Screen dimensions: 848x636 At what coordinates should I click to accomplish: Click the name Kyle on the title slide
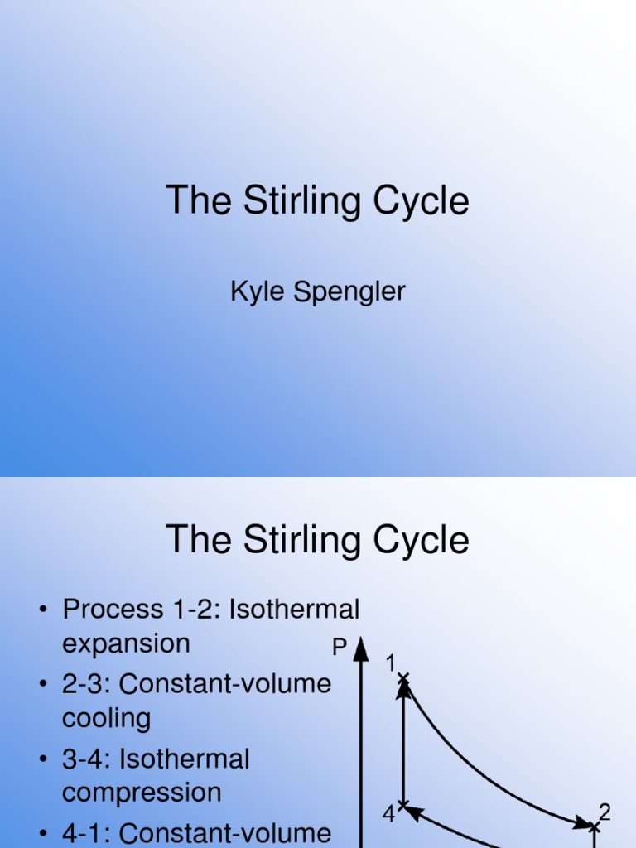coord(253,292)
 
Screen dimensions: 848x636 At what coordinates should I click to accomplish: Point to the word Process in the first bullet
coord(113,609)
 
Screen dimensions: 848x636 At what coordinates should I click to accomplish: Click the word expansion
coord(126,643)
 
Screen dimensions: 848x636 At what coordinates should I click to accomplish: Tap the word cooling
coord(106,717)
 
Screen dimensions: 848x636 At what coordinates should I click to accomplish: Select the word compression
coord(142,792)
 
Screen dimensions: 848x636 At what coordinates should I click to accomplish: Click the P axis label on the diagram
coord(339,648)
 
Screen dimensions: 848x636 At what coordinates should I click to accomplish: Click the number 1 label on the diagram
coord(391,662)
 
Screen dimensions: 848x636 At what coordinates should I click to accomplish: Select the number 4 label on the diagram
coord(388,815)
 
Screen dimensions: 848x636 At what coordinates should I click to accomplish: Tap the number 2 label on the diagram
coord(605,812)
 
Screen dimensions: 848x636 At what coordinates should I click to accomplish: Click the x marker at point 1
coord(403,680)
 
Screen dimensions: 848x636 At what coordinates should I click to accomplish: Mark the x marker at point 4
coord(403,805)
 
